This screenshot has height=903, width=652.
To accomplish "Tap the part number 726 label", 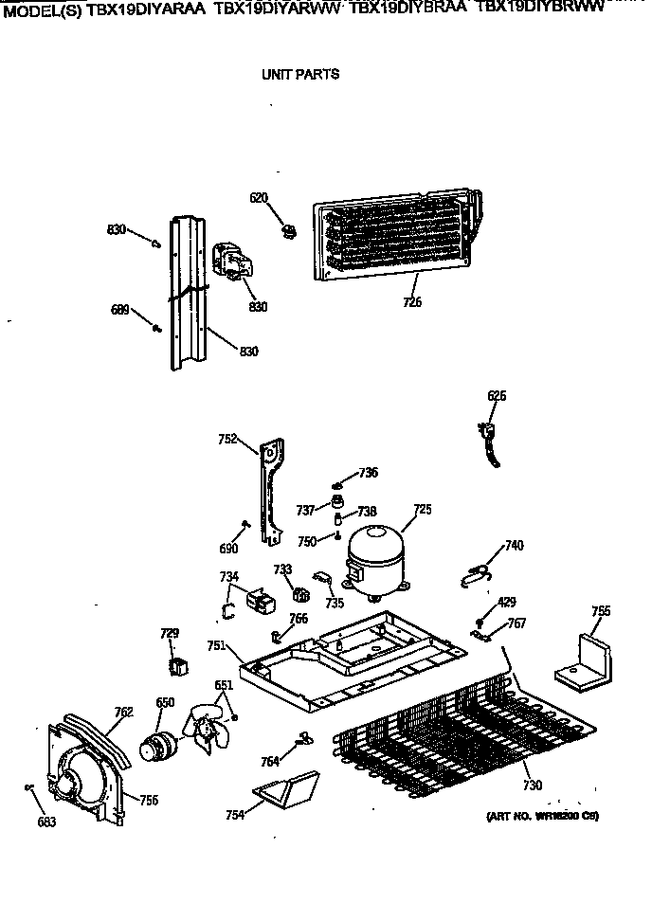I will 412,302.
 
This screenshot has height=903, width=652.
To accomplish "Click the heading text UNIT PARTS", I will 299,74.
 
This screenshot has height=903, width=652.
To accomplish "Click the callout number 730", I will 533,785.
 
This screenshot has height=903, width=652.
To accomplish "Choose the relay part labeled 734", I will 258,600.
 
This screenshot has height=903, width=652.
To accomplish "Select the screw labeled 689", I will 155,328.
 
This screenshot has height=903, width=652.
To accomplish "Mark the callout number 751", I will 216,645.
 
